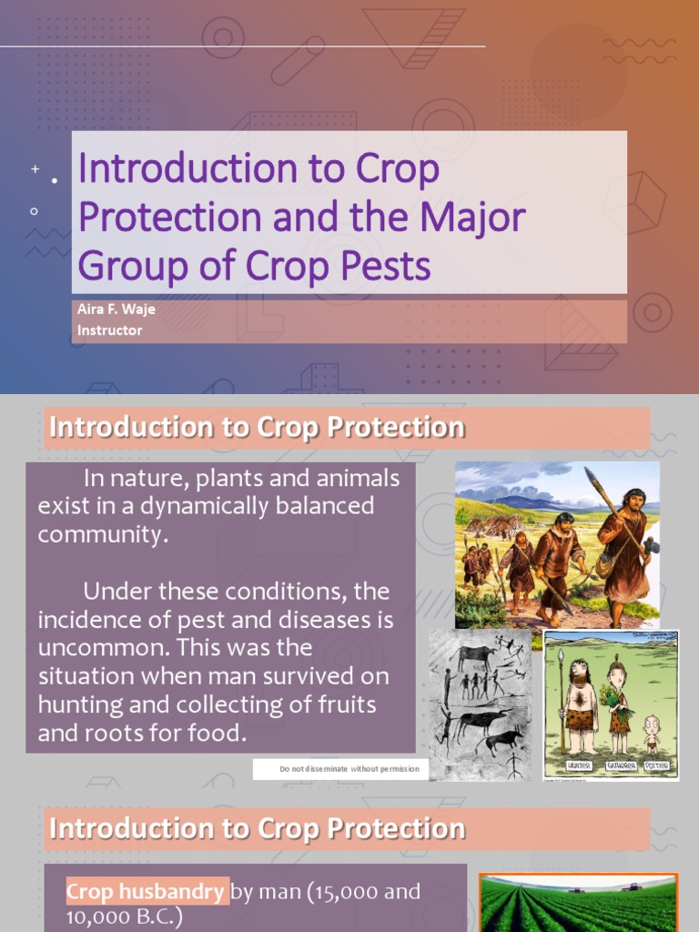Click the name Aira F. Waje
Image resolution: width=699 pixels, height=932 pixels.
coord(116,309)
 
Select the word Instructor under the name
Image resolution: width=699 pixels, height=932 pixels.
coord(109,330)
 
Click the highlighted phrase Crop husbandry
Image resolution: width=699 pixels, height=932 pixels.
coord(147,892)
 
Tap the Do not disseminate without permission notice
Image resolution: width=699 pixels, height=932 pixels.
coord(349,769)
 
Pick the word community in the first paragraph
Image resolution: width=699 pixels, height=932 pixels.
coord(101,534)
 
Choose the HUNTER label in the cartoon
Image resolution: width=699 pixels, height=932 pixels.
coord(579,765)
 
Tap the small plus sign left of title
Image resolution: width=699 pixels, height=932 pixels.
coord(35,169)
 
